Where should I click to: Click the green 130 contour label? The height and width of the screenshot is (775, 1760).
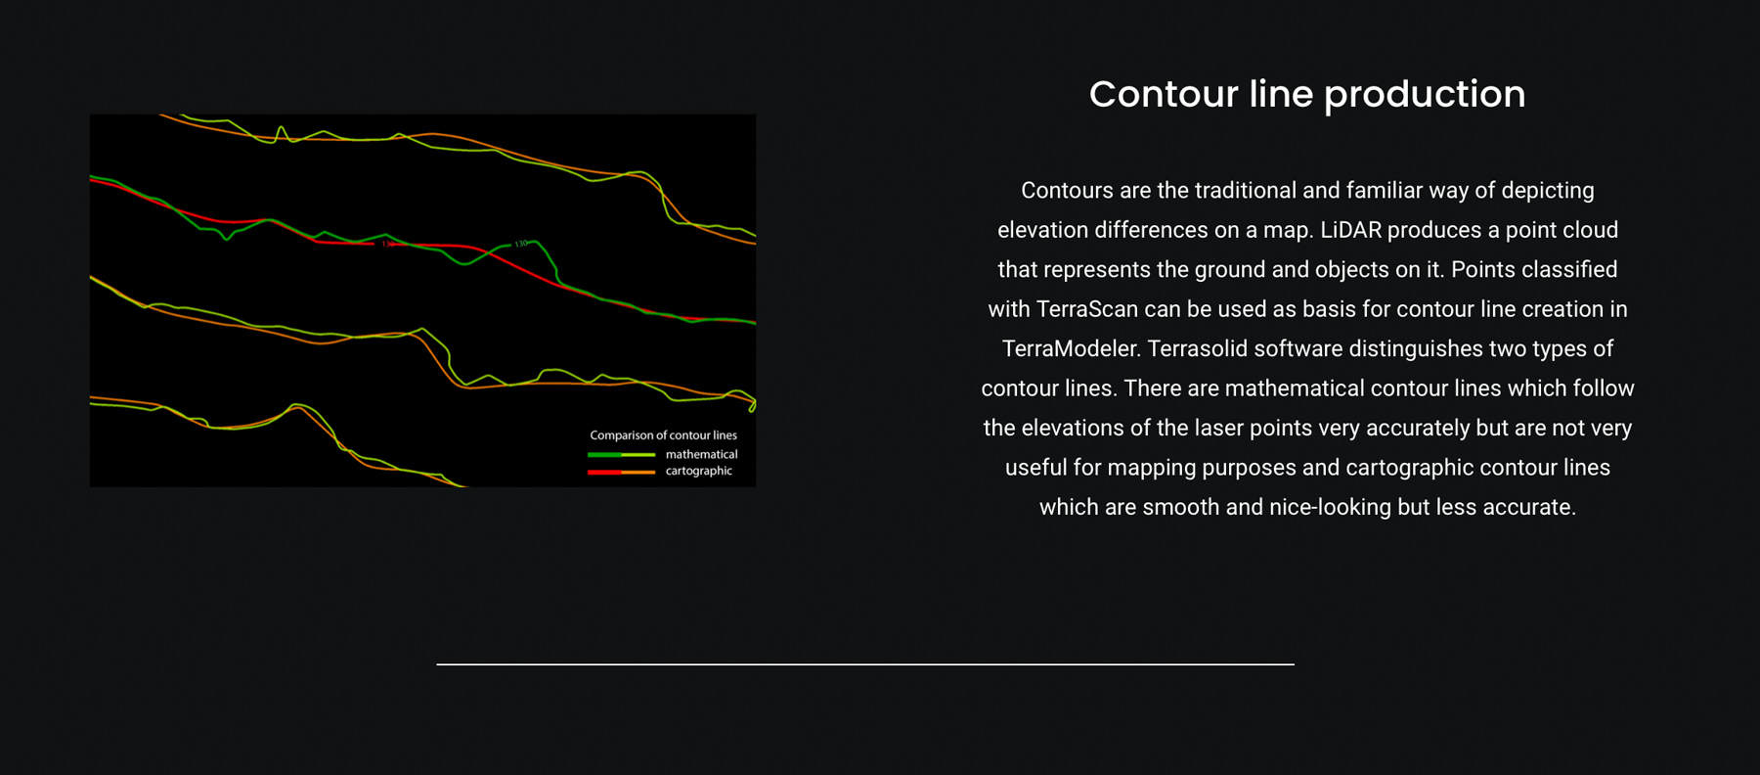pyautogui.click(x=521, y=244)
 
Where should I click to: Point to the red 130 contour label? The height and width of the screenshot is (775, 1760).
pyautogui.click(x=388, y=244)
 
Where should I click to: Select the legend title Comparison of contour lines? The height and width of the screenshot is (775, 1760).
pyautogui.click(x=663, y=435)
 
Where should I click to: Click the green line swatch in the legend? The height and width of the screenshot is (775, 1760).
pyautogui.click(x=621, y=455)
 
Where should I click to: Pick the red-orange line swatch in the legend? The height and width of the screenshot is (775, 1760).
pyautogui.click(x=621, y=472)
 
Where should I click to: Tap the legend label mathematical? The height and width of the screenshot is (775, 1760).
pyautogui.click(x=701, y=454)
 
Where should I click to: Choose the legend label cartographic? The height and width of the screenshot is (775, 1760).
pyautogui.click(x=698, y=471)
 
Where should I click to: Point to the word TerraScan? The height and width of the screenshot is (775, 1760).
pyautogui.click(x=1086, y=309)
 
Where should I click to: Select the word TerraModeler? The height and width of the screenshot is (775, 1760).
pyautogui.click(x=1070, y=348)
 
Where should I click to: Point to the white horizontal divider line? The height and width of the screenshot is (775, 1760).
pyautogui.click(x=865, y=664)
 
